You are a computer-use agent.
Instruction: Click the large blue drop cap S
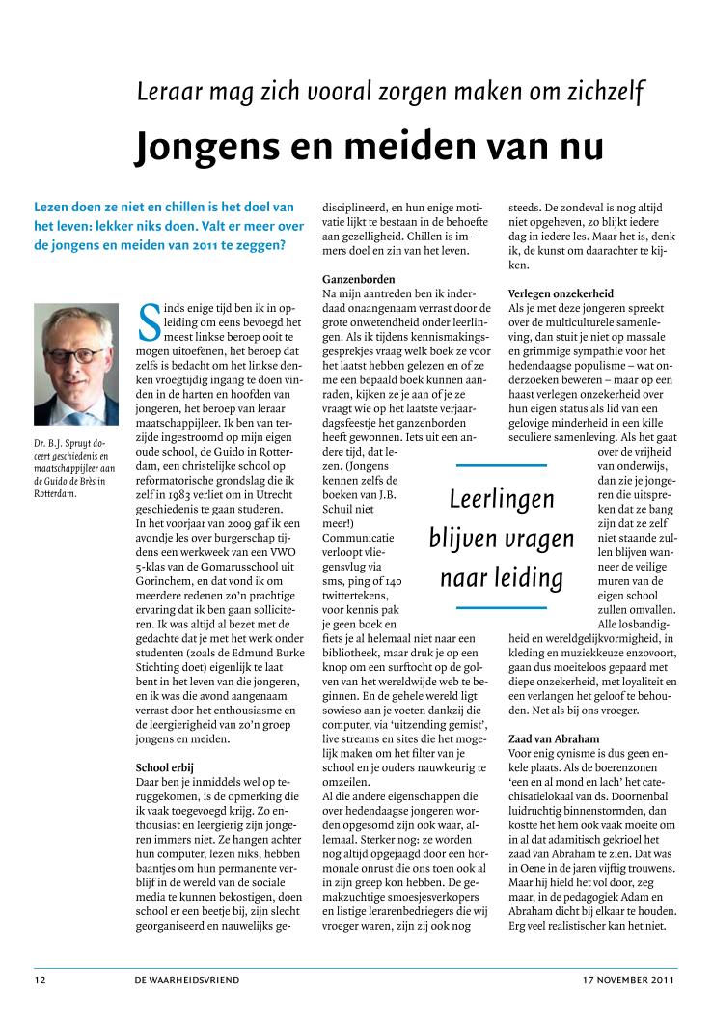[150, 321]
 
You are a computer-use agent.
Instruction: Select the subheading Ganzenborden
[359, 279]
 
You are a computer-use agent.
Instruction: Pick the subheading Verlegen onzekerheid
[561, 293]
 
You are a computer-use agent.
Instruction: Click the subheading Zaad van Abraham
[553, 738]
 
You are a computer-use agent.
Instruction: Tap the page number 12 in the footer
[41, 979]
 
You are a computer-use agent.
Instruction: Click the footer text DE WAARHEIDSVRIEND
[187, 979]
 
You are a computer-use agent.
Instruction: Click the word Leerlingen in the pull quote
[502, 498]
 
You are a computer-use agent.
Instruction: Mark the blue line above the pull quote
[502, 465]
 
